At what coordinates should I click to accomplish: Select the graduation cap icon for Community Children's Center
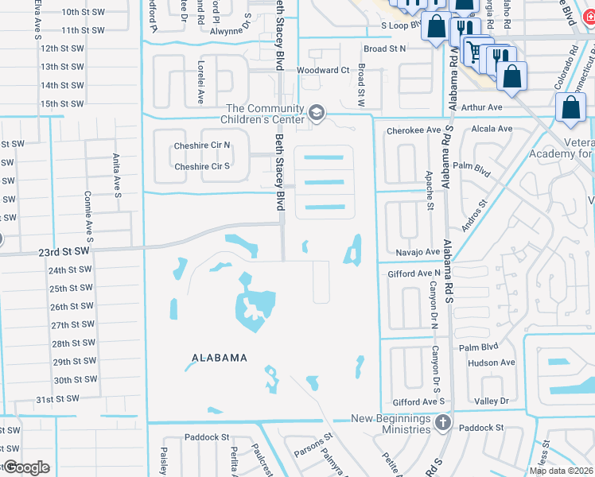(x=317, y=114)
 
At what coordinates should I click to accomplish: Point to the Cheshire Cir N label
(x=202, y=145)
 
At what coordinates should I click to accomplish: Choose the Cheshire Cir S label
(x=202, y=166)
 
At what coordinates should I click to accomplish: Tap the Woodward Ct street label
(x=322, y=70)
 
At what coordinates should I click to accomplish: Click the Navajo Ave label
(x=418, y=252)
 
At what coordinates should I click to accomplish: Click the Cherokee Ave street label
(x=413, y=130)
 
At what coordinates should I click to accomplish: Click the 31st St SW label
(x=58, y=398)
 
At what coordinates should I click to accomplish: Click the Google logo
(x=25, y=467)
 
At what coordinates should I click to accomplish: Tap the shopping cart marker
(x=474, y=52)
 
